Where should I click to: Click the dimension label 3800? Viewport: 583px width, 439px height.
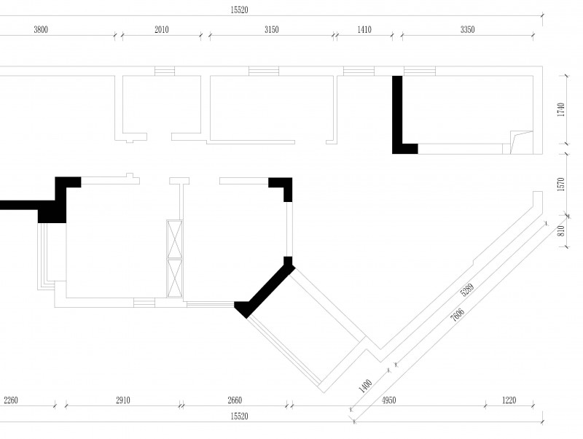coord(41,30)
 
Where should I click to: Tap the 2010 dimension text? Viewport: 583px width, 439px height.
coord(162,30)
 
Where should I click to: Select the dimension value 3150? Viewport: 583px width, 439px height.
coord(271,30)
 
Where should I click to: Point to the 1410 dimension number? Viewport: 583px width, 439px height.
coord(364,30)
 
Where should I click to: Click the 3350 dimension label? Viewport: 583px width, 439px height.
coord(467,30)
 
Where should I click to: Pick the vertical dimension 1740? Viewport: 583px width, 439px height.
coord(561,109)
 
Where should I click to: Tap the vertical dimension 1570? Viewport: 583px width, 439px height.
coord(561,184)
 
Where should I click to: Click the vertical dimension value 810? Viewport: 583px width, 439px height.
coord(561,230)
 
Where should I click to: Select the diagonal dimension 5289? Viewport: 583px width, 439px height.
coord(467,290)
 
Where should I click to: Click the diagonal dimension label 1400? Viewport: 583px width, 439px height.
coord(365,386)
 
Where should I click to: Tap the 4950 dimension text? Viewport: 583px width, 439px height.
coord(389,400)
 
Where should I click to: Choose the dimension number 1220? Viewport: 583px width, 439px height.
coord(509,400)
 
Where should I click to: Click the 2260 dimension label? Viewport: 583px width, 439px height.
coord(11,400)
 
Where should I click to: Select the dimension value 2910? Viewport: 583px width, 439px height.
coord(123,400)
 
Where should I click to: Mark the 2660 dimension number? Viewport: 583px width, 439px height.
coord(235,400)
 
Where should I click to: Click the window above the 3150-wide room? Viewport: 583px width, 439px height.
coord(264,71)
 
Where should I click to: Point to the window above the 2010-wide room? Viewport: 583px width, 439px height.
coord(165,71)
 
